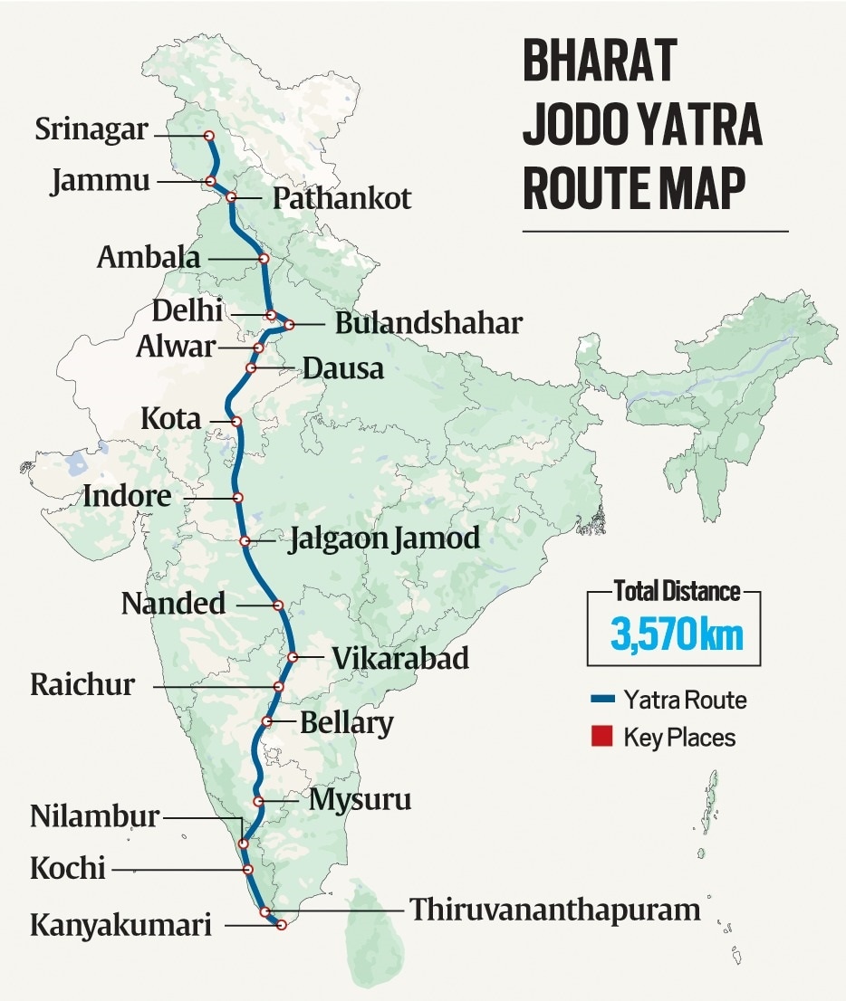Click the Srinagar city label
coord(91,129)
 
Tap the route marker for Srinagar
coord(208,136)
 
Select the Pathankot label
coord(341,198)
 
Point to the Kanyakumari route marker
coord(282,925)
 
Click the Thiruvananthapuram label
coord(555,910)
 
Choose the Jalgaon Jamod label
coord(383,539)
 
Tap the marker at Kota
coord(236,422)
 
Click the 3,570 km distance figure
coord(677,634)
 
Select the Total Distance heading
coord(677,593)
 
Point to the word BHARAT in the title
coord(600,61)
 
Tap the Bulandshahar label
coord(428,323)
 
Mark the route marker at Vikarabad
coord(293,657)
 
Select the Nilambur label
coord(94,816)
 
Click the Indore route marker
coord(237,498)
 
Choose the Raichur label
coord(82,684)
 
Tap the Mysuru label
coord(360,800)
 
